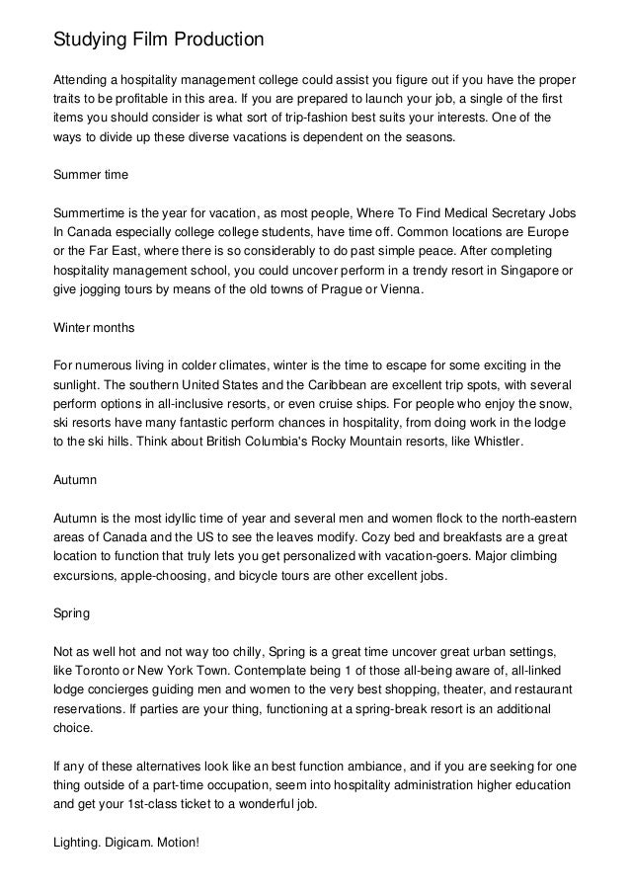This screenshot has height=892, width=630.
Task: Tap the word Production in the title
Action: point(219,40)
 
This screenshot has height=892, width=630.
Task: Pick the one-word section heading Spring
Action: point(71,612)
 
